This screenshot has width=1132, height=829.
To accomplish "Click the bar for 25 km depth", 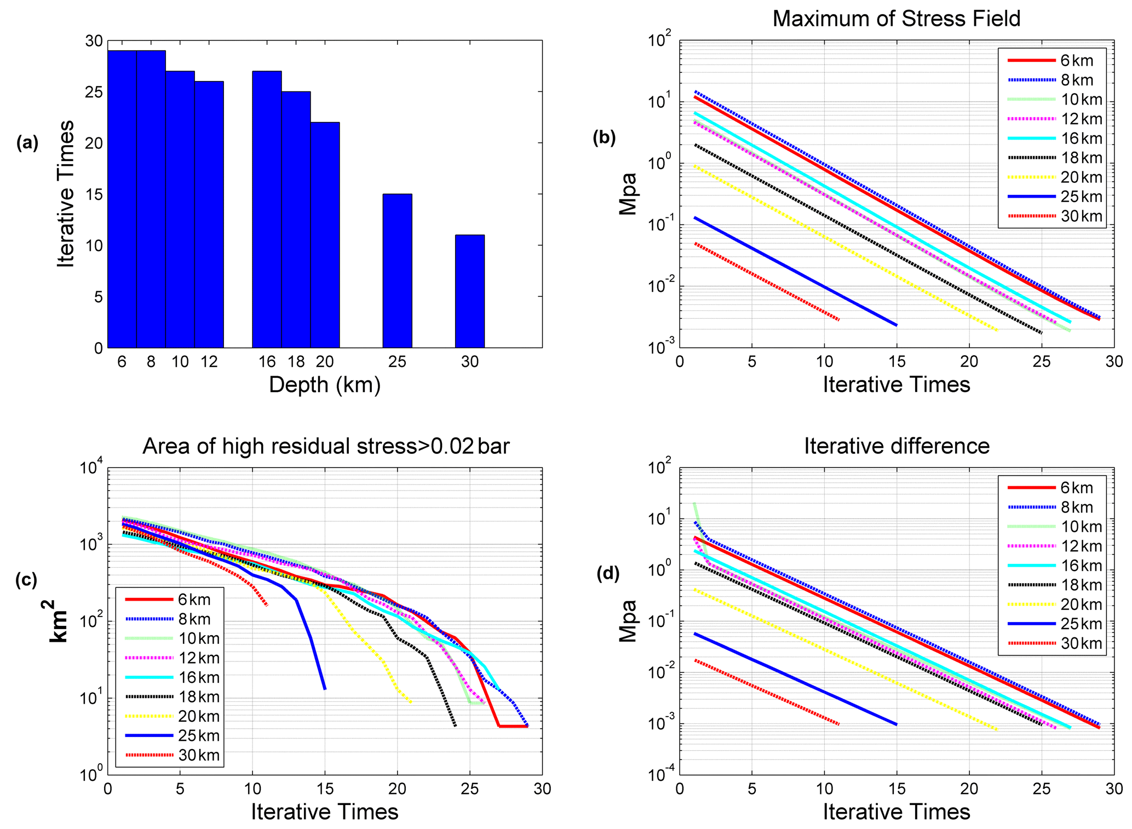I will (x=397, y=270).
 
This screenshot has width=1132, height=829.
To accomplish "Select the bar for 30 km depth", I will (x=469, y=291).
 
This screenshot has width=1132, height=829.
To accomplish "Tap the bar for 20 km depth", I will (x=325, y=235).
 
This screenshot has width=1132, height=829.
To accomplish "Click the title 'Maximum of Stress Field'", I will (x=896, y=19).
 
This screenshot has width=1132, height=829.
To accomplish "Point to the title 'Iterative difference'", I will (x=897, y=446).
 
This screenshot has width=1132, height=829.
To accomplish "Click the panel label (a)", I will (x=27, y=143).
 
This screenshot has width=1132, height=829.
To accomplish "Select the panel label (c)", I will (x=26, y=579).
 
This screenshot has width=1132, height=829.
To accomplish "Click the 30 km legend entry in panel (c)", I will (x=173, y=755).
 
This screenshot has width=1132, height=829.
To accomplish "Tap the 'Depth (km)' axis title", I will (x=325, y=385).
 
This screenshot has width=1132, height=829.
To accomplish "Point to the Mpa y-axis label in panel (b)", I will (x=628, y=194).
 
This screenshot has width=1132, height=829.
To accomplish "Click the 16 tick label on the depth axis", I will (x=267, y=362).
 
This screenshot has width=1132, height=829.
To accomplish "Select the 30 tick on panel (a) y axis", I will (x=94, y=41).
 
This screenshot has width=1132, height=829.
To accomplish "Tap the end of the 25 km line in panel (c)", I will (x=325, y=689).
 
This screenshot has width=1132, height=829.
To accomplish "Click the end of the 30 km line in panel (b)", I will (x=838, y=320).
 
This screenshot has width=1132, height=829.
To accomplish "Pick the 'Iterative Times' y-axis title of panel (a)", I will (x=66, y=194).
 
